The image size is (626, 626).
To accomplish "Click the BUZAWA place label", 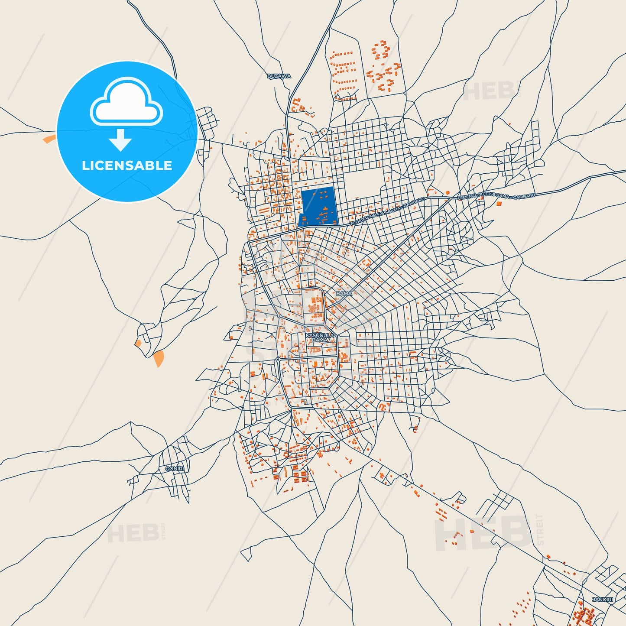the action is [279, 76].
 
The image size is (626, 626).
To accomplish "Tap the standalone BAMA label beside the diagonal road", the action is [344, 293].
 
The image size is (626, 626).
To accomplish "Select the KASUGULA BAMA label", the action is [320, 338].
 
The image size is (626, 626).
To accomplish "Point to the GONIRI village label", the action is [175, 469].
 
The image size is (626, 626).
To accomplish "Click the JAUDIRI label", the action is [603, 600].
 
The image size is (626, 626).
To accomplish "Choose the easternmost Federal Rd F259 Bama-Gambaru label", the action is [496, 196].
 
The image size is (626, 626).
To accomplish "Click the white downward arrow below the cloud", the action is [120, 140].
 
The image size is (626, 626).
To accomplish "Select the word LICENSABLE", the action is [127, 165].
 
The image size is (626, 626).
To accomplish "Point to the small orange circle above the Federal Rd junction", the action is [448, 192].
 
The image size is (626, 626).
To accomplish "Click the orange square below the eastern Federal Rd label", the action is [499, 203].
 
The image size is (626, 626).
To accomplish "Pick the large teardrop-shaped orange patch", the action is [159, 358].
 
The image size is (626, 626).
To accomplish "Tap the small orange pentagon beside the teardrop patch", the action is [138, 343].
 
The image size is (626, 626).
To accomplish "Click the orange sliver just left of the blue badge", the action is [49, 139].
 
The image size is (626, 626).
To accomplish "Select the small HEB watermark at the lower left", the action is [133, 533].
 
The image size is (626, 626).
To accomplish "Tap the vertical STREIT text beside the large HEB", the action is [540, 529].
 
